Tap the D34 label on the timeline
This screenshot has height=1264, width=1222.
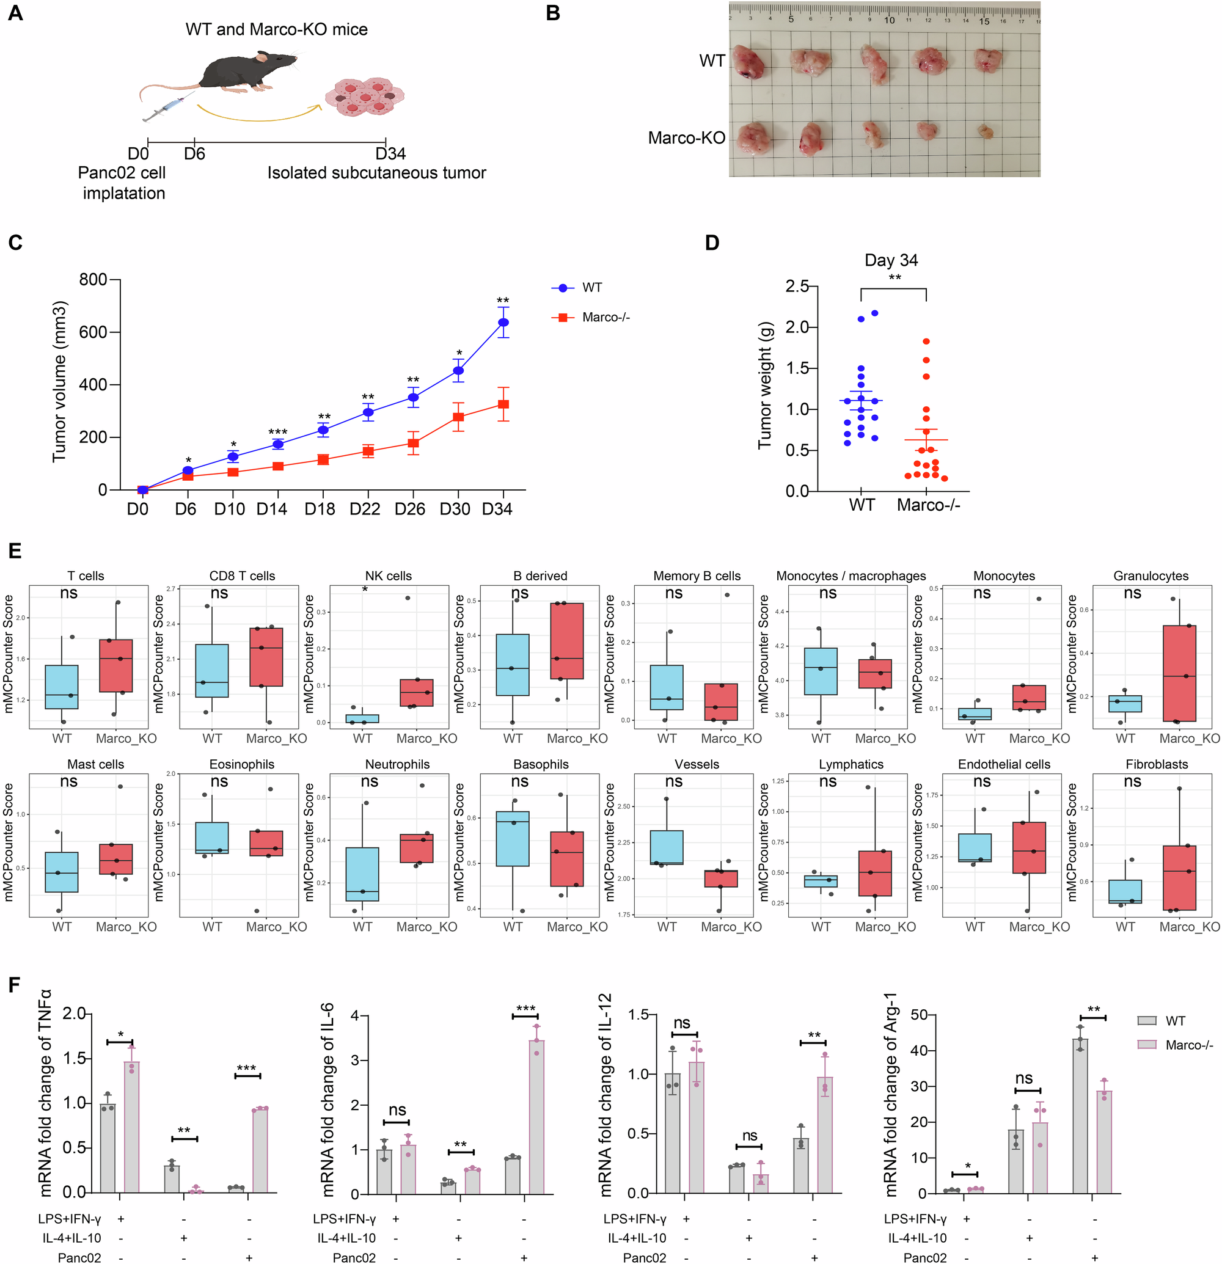coord(390,153)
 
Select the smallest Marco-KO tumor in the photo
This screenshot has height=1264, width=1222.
coord(985,131)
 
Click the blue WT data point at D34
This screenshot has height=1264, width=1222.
coord(503,323)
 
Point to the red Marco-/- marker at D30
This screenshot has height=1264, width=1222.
coord(458,417)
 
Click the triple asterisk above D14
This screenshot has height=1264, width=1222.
coord(277,432)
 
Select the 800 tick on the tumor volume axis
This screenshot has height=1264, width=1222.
coord(93,279)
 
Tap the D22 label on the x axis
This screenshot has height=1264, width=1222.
coord(365,509)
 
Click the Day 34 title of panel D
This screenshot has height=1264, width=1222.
coord(891,260)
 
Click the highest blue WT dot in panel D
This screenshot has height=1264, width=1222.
coord(874,313)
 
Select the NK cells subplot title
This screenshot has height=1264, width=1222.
coord(388,576)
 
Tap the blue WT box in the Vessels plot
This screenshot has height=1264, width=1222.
coord(667,847)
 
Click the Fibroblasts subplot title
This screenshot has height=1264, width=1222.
coord(1156,764)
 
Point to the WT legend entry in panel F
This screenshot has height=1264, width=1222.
coord(1174,1021)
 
